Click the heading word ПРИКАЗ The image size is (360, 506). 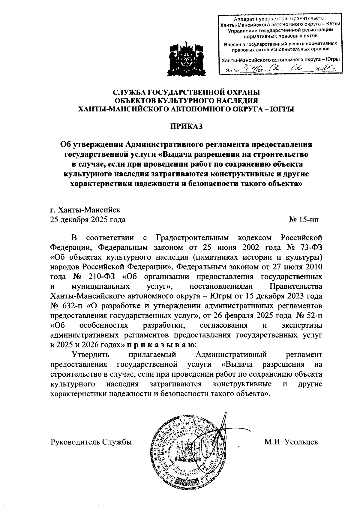coord(187,126)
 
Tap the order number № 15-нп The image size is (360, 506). coord(304,220)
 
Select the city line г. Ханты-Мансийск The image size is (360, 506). coord(85,209)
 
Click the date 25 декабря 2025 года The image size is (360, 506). coord(88,220)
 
